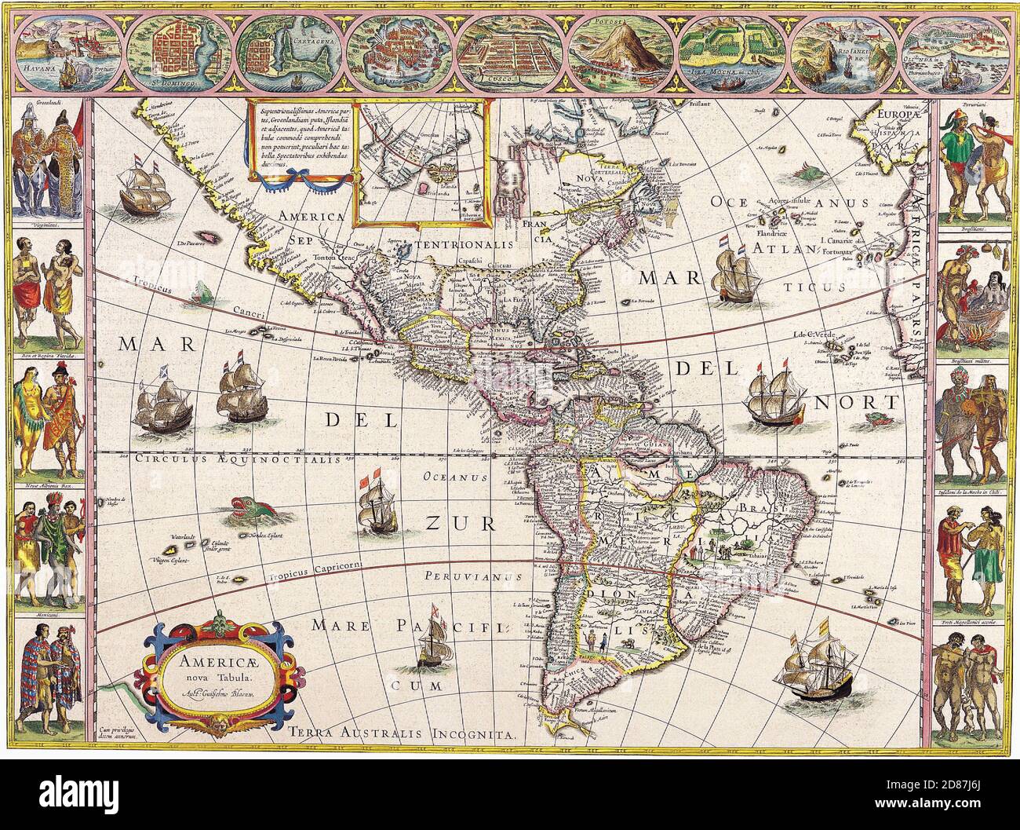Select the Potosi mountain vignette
click(x=620, y=52)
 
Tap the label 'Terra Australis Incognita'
click(x=401, y=734)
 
